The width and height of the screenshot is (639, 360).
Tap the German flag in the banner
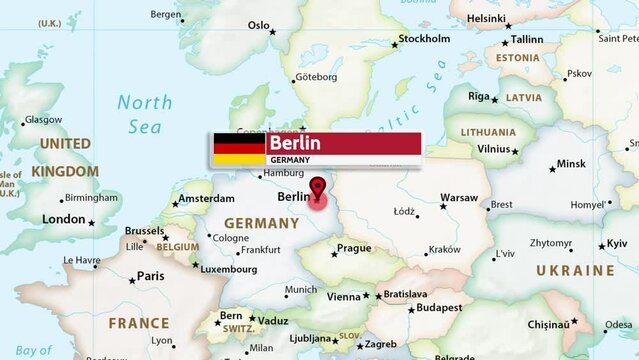click(236, 149)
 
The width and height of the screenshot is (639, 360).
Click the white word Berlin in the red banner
click(294, 143)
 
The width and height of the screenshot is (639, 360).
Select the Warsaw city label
click(459, 198)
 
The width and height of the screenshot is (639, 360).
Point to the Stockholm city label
click(424, 39)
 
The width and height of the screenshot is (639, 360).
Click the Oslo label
click(259, 26)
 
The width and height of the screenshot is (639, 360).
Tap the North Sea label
click(144, 114)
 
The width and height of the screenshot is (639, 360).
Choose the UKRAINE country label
click(575, 271)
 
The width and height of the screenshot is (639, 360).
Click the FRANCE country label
click(139, 323)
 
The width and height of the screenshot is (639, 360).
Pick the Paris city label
click(150, 276)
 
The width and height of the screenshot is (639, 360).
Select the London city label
click(64, 219)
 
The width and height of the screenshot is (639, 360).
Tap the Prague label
click(354, 248)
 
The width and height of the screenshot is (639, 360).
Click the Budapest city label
click(440, 308)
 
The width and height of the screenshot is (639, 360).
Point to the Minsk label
click(571, 164)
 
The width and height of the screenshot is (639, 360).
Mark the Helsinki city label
click(486, 18)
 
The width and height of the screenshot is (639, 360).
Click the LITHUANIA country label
click(488, 132)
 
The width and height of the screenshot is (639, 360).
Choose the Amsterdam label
click(206, 199)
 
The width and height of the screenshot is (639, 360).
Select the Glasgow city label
click(43, 120)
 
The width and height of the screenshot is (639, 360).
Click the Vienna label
click(343, 296)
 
